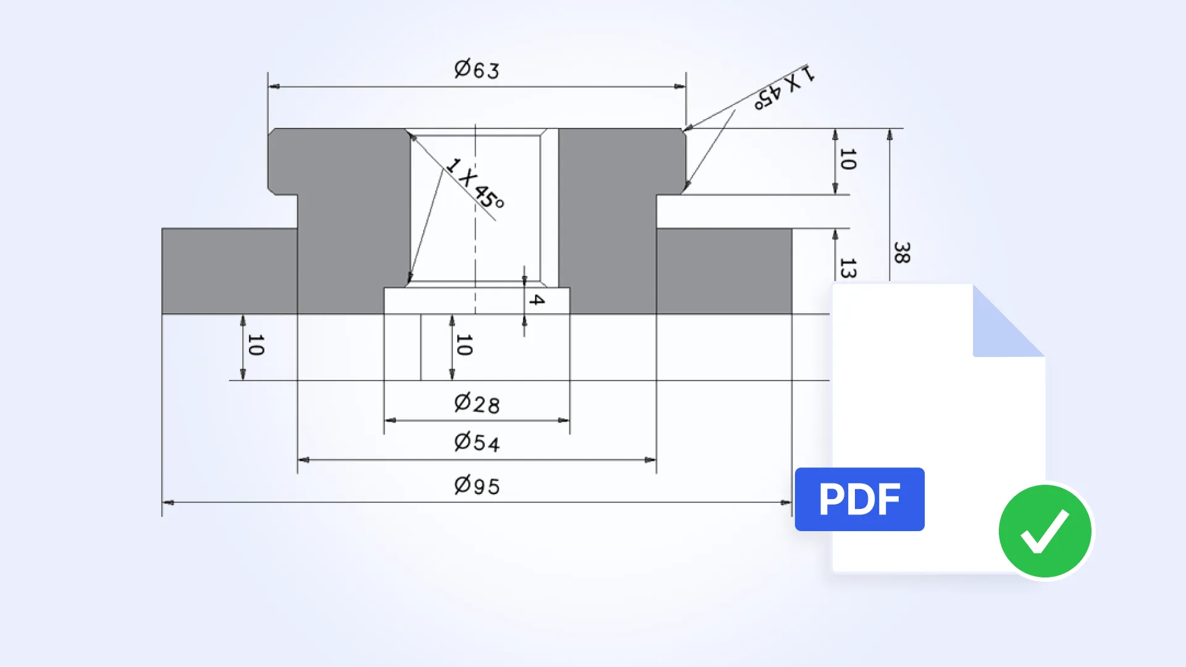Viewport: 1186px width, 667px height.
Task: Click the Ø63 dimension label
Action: click(476, 69)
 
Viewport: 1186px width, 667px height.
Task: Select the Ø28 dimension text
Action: click(476, 404)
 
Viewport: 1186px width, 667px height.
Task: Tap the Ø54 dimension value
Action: click(476, 442)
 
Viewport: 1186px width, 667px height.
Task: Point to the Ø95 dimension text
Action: click(476, 485)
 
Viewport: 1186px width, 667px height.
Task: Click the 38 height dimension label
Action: click(901, 253)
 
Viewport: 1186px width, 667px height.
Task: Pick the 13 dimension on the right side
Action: click(847, 267)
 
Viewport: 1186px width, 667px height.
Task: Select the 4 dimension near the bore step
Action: click(536, 300)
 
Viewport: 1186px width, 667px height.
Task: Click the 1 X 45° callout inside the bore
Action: click(475, 183)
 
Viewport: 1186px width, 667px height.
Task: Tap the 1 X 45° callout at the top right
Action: click(784, 87)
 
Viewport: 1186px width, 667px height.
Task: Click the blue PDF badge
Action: click(859, 499)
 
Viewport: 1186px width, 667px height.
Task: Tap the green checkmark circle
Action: click(1045, 531)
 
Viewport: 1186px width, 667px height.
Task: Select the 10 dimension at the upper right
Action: click(847, 159)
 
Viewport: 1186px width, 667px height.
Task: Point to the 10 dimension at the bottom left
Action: click(255, 345)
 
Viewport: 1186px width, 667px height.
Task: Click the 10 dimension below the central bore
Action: click(464, 345)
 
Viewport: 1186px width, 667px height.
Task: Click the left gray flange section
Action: click(229, 271)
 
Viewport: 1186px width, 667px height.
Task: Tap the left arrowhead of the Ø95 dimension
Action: click(167, 503)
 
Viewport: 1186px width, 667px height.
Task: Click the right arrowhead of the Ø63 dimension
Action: click(680, 86)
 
